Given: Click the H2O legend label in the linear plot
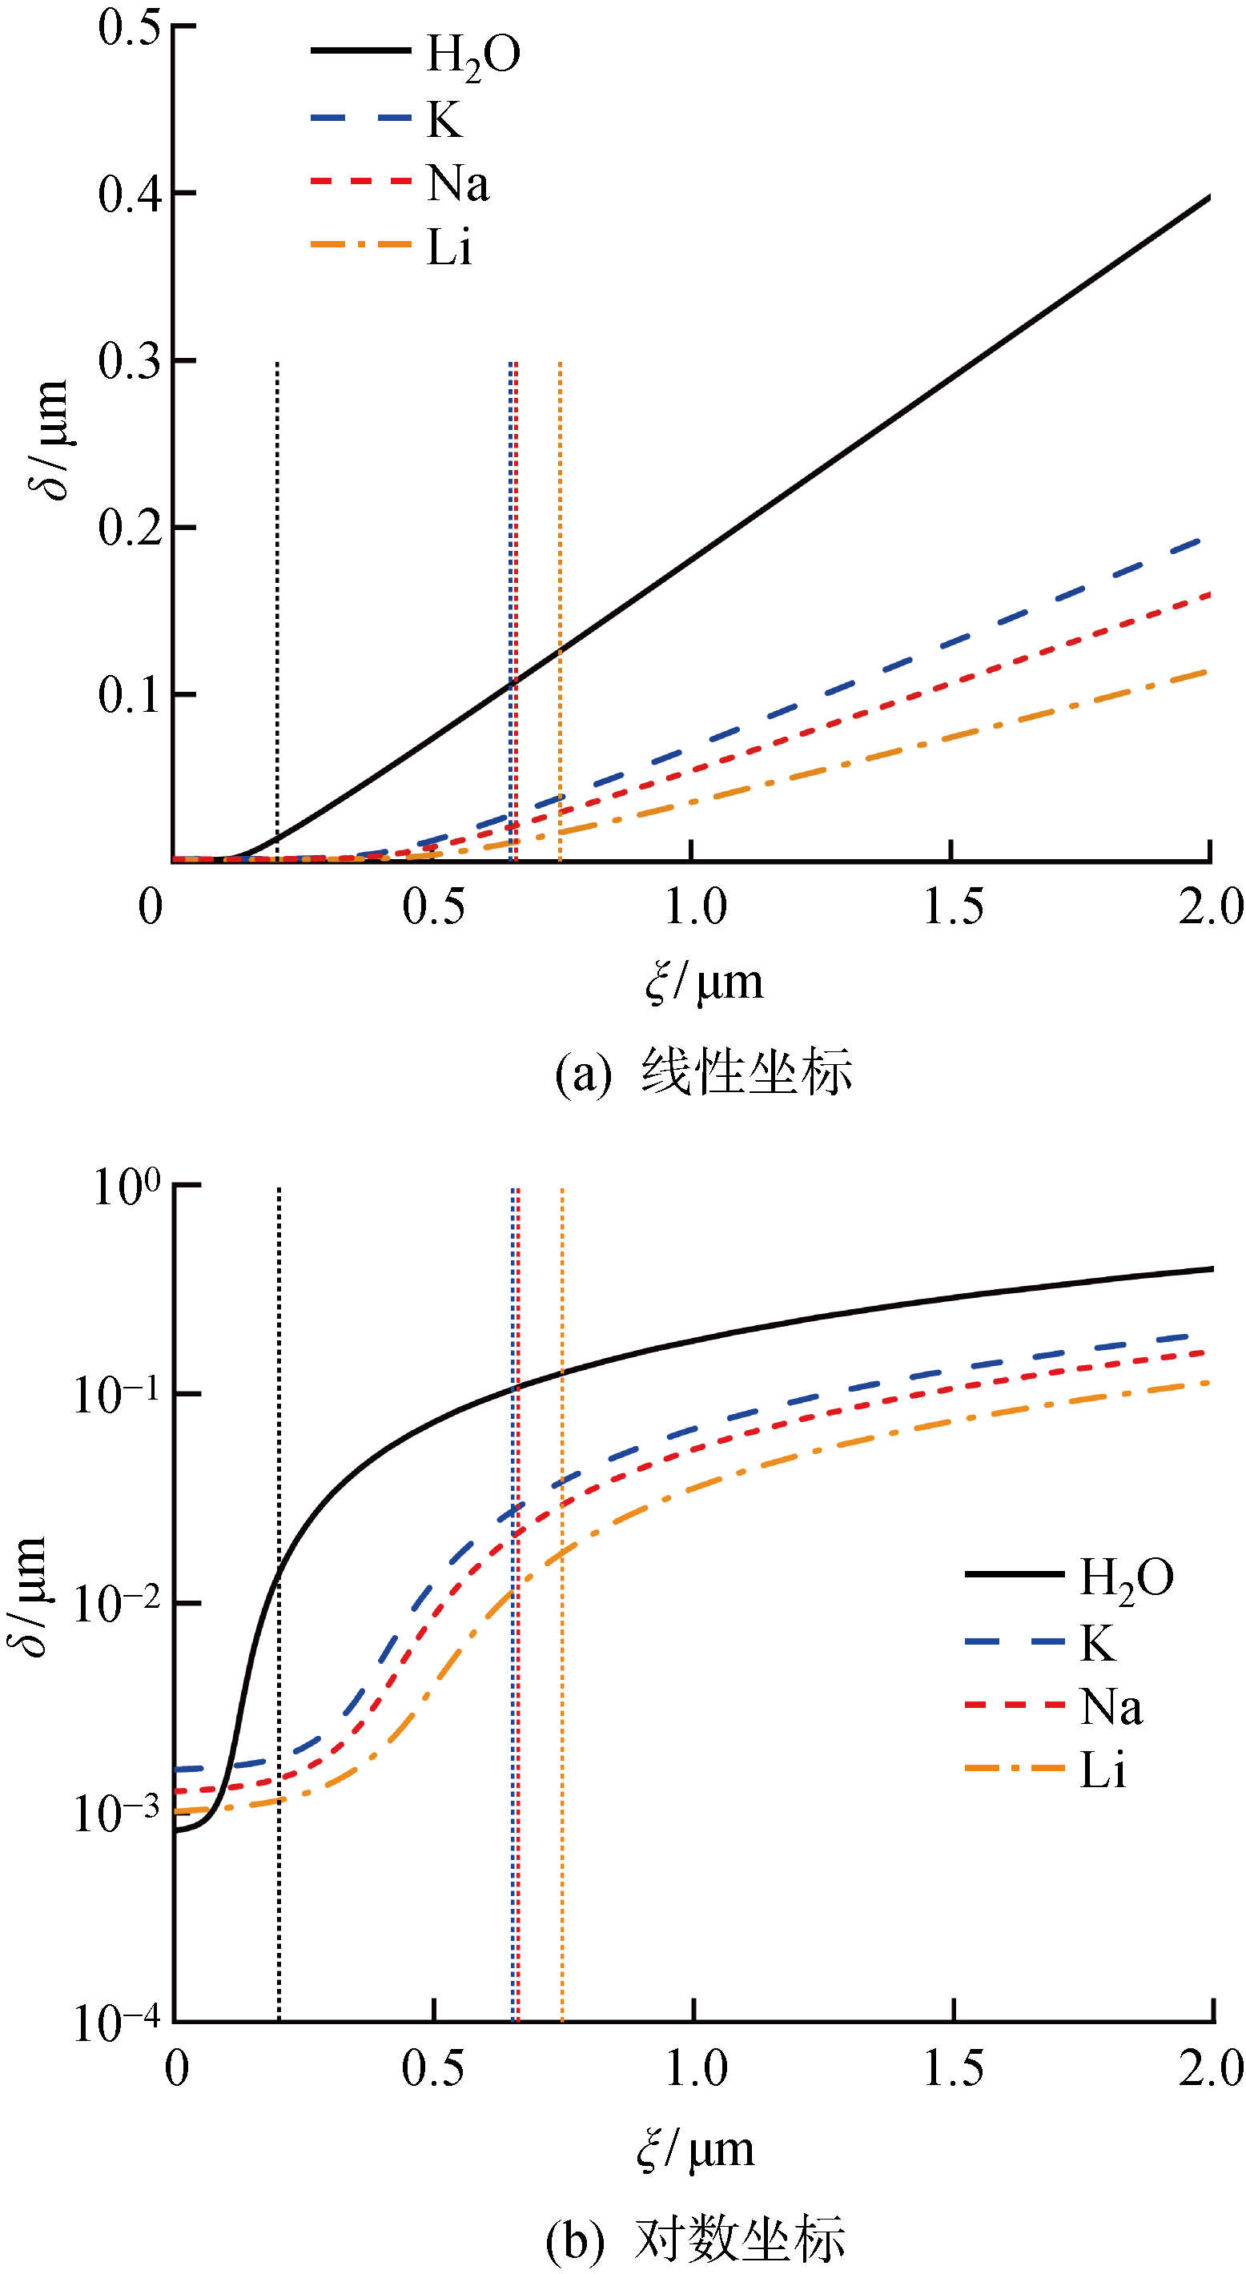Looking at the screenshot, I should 472,54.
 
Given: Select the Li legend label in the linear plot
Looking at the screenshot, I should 448,247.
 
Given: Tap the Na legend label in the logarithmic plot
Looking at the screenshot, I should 1110,1706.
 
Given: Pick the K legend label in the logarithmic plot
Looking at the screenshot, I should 1097,1643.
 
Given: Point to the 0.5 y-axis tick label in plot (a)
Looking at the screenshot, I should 129,27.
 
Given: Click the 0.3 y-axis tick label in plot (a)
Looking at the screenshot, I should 129,361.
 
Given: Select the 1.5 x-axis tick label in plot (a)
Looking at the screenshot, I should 953,906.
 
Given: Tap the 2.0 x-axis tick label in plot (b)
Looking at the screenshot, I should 1211,2068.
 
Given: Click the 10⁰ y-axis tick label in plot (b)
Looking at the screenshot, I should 127,1187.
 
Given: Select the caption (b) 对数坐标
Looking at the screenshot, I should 695,2238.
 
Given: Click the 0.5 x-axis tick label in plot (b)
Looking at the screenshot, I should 432,2068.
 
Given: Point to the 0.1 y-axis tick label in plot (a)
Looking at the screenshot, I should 129,696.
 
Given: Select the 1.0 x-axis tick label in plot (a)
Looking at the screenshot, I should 695,906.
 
